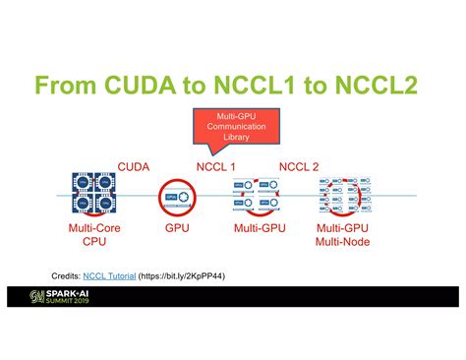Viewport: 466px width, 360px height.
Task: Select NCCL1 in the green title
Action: click(278, 86)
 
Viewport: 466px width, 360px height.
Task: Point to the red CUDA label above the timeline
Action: click(134, 166)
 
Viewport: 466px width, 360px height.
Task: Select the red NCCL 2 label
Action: click(299, 166)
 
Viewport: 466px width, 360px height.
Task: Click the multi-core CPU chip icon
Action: click(95, 195)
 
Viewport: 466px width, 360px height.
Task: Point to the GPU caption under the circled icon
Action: click(177, 228)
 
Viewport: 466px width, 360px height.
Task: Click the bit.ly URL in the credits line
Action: click(188, 276)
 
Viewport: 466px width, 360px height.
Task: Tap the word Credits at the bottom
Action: click(67, 276)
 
